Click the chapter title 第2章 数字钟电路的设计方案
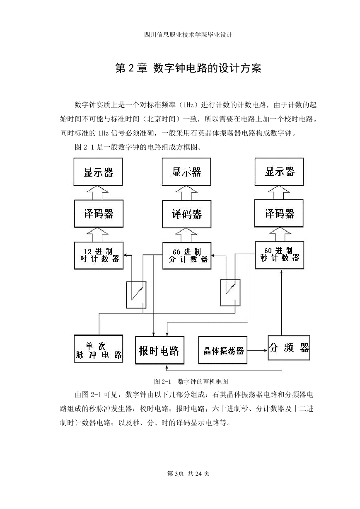coord(188,68)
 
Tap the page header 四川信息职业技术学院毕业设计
coord(188,35)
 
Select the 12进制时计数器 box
coord(99,255)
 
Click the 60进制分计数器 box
coord(187,256)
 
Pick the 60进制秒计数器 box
coord(279,255)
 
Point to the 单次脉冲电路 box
coord(99,349)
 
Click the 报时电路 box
coord(159,350)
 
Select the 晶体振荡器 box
coord(223,350)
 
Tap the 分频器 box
coord(289,348)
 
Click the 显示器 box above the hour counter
coord(98,172)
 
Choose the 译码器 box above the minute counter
coord(187,214)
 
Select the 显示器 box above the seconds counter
coord(279,172)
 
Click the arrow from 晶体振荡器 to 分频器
coord(257,351)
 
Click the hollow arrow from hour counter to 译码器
coord(98,235)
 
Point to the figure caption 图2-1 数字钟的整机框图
coord(191,381)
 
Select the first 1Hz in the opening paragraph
coord(188,105)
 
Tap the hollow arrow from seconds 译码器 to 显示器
coord(279,193)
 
